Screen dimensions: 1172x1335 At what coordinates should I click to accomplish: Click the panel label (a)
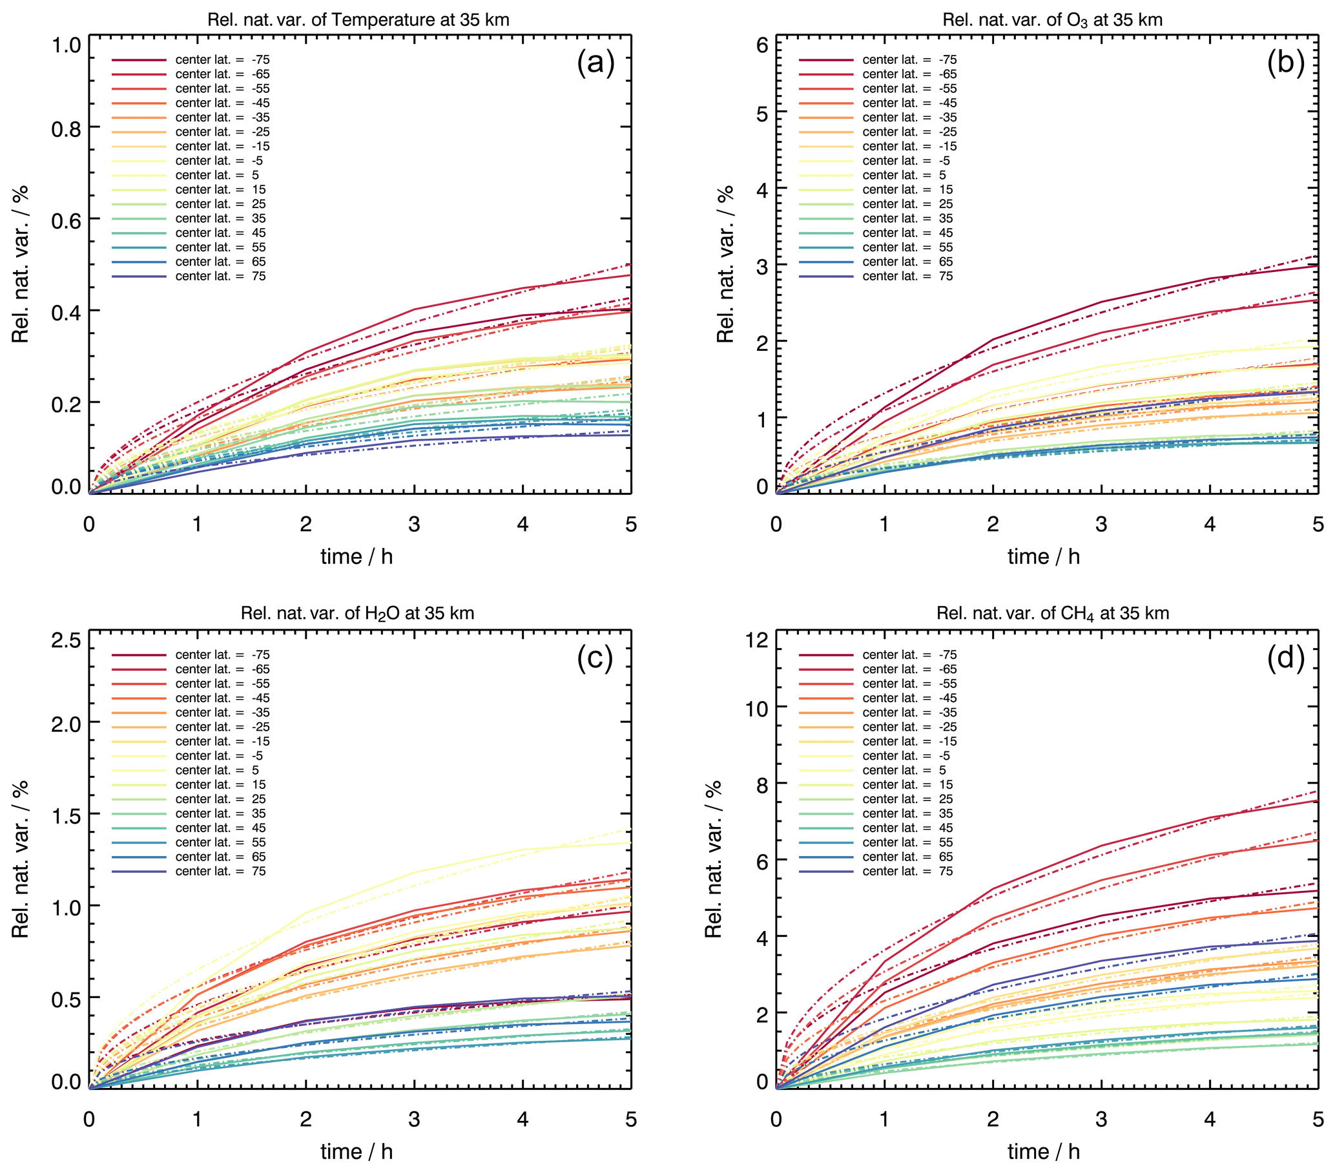(595, 63)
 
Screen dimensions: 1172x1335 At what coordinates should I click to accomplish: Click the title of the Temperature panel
(358, 19)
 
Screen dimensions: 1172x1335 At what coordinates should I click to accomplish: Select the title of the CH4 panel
(1052, 613)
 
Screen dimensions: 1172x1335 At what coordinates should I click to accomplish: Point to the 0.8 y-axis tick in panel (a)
(66, 129)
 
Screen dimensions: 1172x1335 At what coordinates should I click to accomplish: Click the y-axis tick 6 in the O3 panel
(761, 45)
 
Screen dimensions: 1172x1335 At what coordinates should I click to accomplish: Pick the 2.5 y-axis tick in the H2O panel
(66, 640)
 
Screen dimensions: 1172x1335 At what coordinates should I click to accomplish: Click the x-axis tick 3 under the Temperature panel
(414, 524)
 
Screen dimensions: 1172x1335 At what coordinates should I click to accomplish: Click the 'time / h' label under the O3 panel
(1043, 556)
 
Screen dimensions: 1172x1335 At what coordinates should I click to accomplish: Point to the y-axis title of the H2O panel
(20, 859)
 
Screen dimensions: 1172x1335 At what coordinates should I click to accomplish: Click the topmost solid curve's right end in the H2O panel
(630, 842)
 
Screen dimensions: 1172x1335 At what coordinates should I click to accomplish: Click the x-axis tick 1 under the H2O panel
(197, 1119)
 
